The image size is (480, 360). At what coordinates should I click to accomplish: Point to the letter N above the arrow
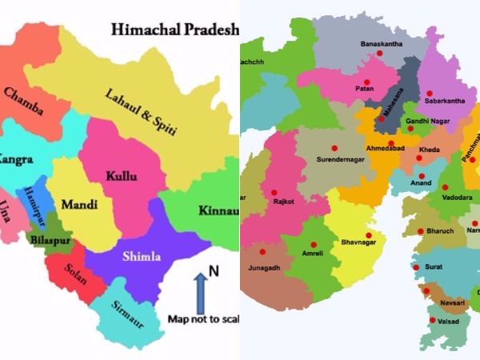tap(214, 272)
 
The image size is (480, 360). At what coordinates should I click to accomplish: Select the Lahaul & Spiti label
tap(141, 113)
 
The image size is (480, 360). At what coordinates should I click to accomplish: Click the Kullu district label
tap(121, 174)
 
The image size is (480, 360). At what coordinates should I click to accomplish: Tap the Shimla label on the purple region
tap(142, 257)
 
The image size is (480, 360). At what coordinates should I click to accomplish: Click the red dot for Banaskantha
tap(380, 53)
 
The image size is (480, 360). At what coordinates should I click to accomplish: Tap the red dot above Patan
tap(366, 82)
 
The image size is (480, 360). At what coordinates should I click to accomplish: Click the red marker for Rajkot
tap(274, 191)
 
